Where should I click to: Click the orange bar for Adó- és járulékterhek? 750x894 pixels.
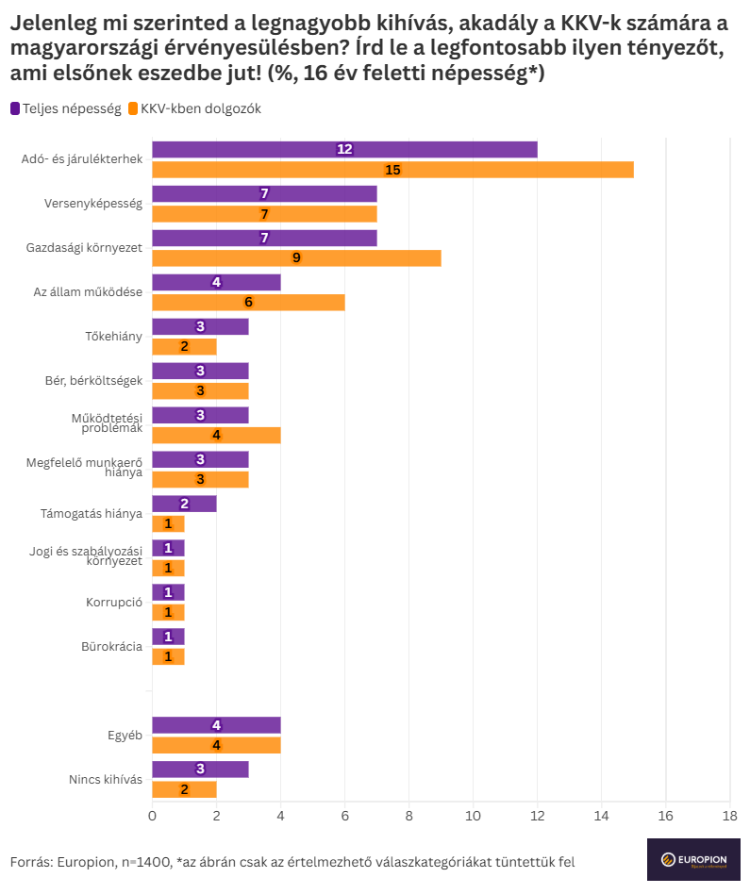pos(392,170)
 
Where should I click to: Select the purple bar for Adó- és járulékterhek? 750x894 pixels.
pos(344,149)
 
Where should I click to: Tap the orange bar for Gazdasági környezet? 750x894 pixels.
pos(296,258)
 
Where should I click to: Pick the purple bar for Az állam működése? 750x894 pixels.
pos(216,282)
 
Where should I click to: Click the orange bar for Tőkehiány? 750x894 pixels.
pos(184,347)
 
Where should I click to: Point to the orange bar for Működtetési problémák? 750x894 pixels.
pos(216,435)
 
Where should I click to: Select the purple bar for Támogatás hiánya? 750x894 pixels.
pos(184,504)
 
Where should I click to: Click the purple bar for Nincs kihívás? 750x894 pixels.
pos(200,769)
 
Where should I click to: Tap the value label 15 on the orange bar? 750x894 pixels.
pos(393,170)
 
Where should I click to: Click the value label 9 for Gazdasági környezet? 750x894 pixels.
pos(296,258)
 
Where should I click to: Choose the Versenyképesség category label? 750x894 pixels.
pos(93,204)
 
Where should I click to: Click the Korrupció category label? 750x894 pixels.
pos(114,602)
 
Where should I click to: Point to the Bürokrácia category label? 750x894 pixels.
pos(112,646)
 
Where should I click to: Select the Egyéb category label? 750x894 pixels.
pos(125,735)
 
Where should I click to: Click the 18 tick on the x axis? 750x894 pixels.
pos(729,816)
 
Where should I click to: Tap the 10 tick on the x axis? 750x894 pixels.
pos(473,816)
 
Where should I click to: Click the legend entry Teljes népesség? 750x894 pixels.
pos(66,108)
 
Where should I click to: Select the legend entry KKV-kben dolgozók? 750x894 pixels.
pos(193,108)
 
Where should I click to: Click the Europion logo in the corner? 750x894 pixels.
pos(692,859)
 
